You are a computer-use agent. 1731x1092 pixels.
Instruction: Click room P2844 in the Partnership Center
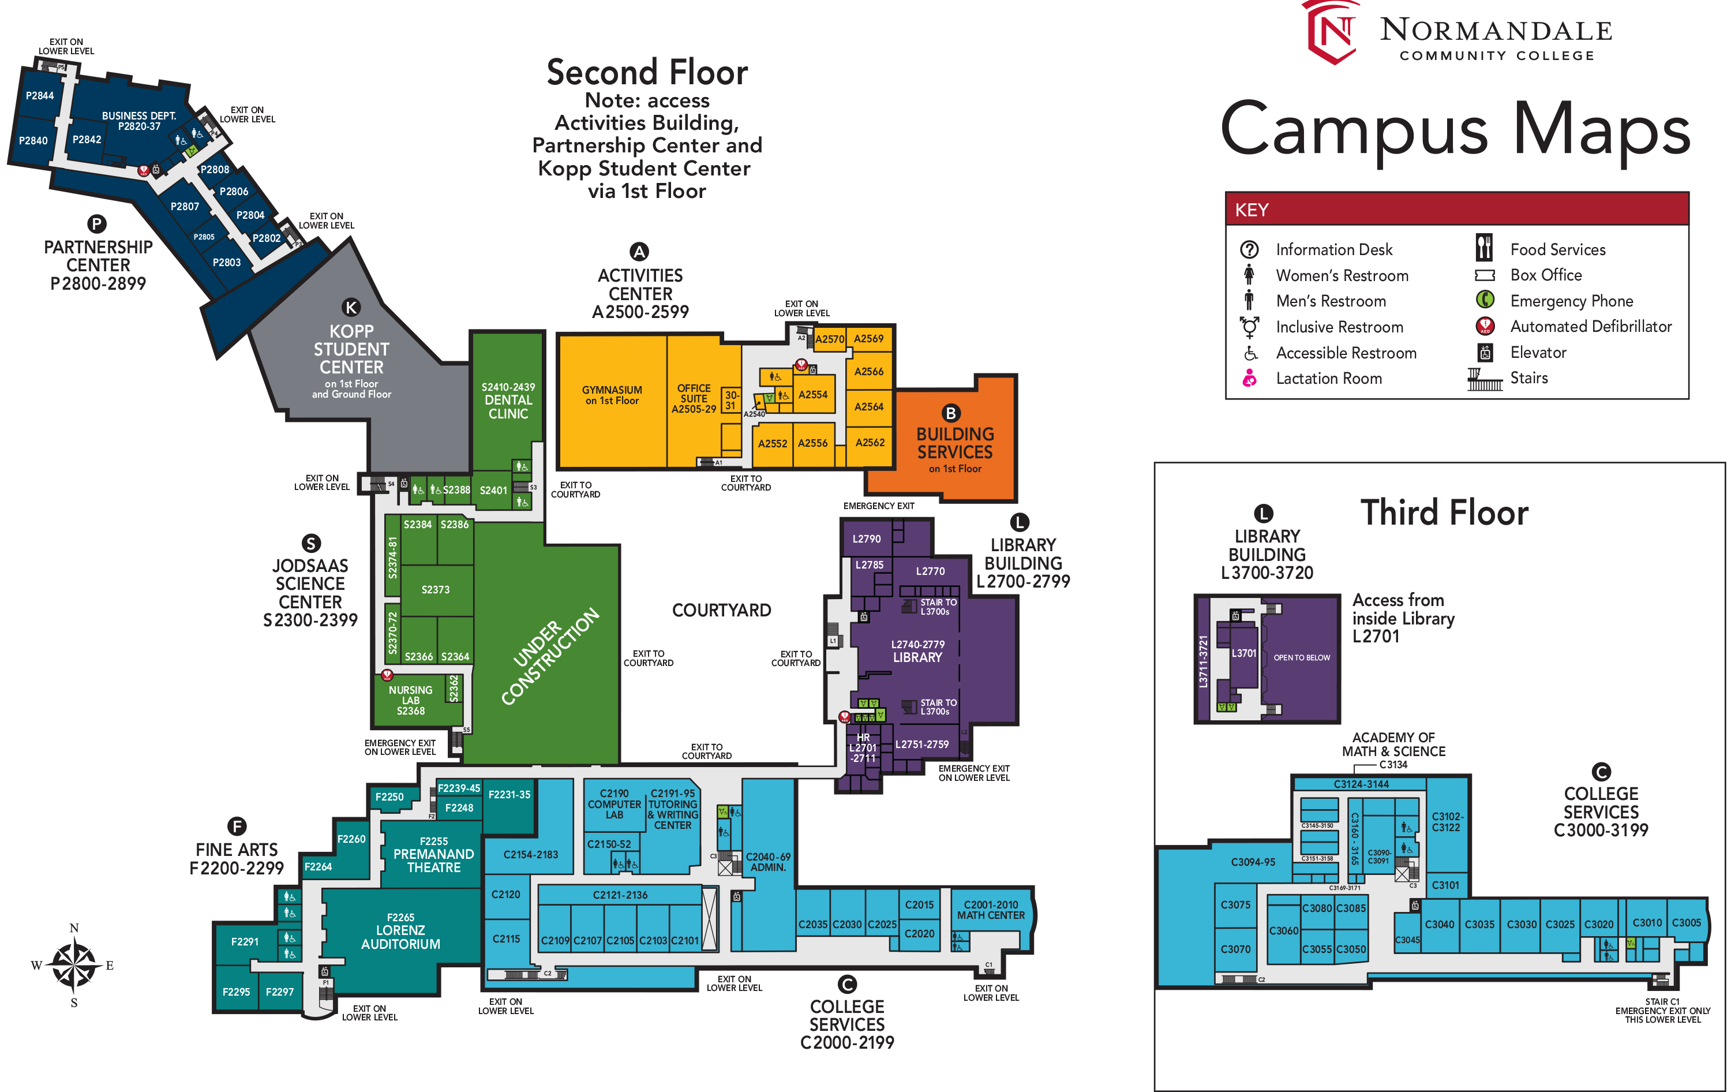[40, 96]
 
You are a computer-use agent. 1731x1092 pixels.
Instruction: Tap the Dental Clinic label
[508, 401]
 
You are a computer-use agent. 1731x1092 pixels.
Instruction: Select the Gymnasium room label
[612, 395]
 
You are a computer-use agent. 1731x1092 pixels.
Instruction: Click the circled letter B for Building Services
[950, 413]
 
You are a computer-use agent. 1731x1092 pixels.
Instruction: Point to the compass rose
[74, 966]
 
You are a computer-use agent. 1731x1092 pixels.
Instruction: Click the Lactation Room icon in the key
[1249, 378]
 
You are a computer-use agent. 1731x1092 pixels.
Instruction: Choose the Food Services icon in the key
[1483, 248]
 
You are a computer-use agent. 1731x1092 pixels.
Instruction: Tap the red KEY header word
[1252, 210]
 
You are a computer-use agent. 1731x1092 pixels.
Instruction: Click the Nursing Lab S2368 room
[410, 700]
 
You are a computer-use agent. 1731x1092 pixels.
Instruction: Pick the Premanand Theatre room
[433, 855]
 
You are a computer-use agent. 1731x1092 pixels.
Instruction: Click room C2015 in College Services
[919, 905]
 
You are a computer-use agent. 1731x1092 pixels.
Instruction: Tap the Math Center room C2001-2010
[991, 910]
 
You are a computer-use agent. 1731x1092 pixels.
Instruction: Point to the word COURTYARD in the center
[721, 610]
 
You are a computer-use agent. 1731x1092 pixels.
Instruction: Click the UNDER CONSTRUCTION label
[550, 656]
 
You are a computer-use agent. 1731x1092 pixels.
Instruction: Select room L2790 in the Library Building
[866, 538]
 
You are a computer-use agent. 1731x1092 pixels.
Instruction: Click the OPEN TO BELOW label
[1301, 658]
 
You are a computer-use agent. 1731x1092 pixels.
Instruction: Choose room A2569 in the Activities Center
[868, 339]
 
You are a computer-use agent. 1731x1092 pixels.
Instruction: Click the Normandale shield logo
[1333, 32]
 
